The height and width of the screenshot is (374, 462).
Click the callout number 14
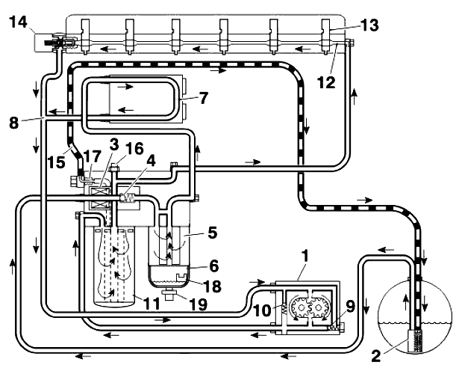click(18, 22)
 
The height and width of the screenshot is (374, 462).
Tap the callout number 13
click(369, 25)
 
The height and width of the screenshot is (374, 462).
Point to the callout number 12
click(326, 82)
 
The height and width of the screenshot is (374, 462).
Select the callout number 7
click(203, 98)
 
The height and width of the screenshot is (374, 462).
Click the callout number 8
click(14, 123)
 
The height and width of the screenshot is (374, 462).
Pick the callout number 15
click(57, 162)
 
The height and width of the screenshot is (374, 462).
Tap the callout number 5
click(212, 233)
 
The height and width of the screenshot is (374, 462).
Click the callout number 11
click(152, 303)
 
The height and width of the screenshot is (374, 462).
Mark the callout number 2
click(375, 356)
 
